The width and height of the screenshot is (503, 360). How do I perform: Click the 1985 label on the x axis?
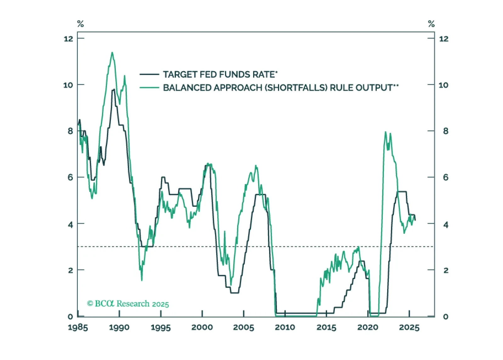coord(78,327)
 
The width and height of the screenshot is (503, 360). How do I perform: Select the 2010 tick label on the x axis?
coord(285,327)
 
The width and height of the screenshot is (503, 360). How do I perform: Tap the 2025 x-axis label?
coord(409,327)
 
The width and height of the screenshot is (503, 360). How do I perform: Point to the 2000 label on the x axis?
coord(202,327)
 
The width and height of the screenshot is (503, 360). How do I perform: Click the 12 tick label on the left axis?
coord(68,39)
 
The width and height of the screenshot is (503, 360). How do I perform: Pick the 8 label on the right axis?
coord(446,131)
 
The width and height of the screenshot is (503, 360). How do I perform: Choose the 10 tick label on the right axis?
coord(444,85)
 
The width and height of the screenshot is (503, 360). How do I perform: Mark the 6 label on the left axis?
coord(70,177)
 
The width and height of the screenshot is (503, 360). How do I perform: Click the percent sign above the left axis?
coord(80,24)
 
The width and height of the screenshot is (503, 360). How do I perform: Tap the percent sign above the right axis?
coord(431,24)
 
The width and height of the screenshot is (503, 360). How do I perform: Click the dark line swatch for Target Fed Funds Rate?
coord(149,75)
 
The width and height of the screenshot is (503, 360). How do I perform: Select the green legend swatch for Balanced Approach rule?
coord(149,87)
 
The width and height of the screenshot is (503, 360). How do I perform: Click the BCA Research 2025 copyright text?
coord(128,304)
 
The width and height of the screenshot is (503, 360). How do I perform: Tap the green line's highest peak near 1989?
coord(112,53)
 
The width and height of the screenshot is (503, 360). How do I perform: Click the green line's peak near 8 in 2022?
coord(386,132)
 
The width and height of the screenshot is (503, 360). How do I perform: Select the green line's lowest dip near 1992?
coord(142,280)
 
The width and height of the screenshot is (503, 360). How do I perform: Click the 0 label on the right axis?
coord(446,317)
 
